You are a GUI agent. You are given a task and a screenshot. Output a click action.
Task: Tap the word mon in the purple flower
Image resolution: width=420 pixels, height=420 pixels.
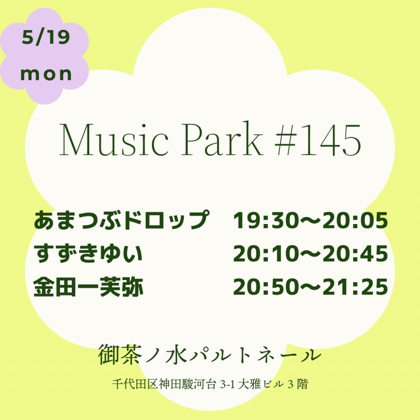pos(46,74)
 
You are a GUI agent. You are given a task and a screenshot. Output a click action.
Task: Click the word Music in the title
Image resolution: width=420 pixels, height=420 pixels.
pos(114,139)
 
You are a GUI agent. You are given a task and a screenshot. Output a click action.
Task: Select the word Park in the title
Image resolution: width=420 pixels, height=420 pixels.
pos(222,138)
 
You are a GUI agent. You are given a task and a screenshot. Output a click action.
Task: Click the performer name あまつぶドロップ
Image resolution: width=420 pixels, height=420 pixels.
pos(121,220)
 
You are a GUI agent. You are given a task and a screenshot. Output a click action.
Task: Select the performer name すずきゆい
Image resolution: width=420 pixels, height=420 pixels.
pos(88,253)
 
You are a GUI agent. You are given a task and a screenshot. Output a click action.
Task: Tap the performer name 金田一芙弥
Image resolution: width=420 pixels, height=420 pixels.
pos(88,287)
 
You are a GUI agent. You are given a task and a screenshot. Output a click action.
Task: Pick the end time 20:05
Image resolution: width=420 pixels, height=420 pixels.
pos(355,220)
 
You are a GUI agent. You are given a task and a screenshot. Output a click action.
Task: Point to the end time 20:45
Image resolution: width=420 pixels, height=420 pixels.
pos(355,253)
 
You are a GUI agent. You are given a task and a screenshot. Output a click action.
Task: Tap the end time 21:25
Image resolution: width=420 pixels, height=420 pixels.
pos(355,287)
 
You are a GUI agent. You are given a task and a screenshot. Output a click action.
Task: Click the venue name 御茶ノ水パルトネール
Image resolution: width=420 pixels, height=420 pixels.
pos(210,354)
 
